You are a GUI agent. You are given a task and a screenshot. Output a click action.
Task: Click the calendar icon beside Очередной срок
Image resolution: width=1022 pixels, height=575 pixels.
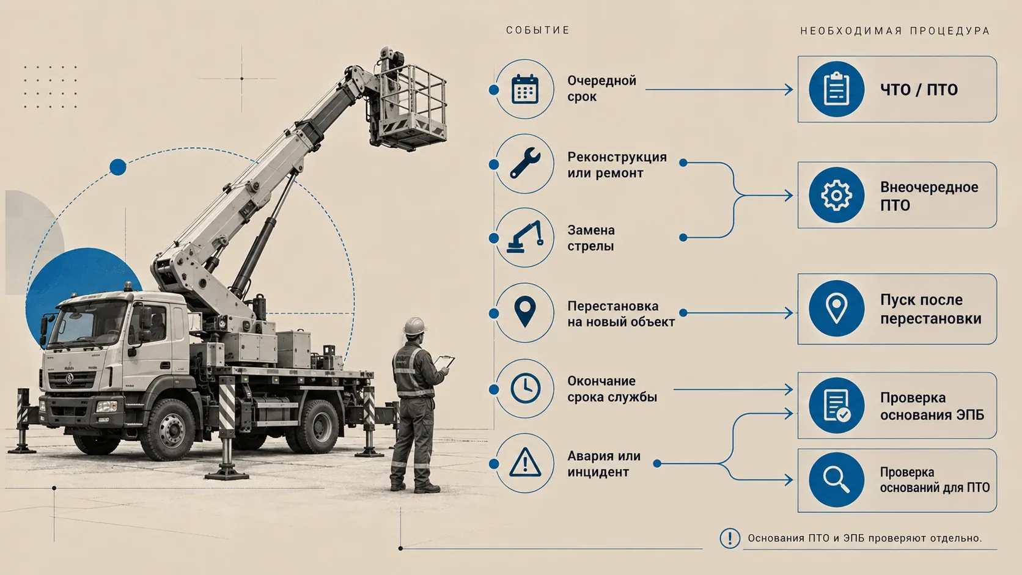click(524, 89)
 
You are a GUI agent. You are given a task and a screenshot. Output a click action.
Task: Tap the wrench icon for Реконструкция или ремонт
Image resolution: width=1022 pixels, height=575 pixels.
click(525, 163)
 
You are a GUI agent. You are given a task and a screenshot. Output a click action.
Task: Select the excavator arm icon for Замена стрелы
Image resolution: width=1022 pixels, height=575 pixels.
click(525, 236)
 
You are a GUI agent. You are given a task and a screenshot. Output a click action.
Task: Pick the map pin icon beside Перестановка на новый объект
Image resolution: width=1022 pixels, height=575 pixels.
click(524, 312)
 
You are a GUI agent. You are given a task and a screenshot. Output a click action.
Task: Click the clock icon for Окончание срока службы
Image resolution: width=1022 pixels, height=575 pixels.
click(525, 389)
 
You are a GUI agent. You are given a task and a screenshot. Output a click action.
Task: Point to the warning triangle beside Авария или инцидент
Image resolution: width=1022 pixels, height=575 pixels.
click(525, 463)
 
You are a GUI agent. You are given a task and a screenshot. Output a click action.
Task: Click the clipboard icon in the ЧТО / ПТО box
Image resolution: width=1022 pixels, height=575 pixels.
click(836, 89)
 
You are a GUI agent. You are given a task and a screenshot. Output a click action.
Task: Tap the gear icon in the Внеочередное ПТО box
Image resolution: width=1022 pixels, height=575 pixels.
click(836, 195)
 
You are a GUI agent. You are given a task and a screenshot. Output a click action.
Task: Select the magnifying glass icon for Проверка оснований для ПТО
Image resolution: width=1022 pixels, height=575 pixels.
click(836, 480)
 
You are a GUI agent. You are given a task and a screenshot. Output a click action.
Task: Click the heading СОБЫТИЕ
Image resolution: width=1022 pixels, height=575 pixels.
click(538, 30)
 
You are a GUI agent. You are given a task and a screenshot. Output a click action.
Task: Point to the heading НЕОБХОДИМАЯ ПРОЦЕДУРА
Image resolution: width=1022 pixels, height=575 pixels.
click(895, 31)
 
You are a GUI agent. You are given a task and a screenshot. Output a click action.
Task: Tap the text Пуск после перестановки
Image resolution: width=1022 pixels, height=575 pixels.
click(931, 309)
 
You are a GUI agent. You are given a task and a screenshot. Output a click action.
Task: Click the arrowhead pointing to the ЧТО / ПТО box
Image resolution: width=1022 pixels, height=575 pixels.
click(789, 89)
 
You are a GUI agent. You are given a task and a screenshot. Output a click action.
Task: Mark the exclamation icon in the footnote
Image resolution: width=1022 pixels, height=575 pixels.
click(730, 538)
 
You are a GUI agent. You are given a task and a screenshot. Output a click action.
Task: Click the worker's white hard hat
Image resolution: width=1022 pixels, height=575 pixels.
click(414, 326)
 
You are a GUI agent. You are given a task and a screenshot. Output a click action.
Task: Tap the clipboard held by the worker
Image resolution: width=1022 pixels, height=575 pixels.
click(444, 362)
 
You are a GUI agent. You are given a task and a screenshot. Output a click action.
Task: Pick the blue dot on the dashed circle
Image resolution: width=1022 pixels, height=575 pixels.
click(118, 167)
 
